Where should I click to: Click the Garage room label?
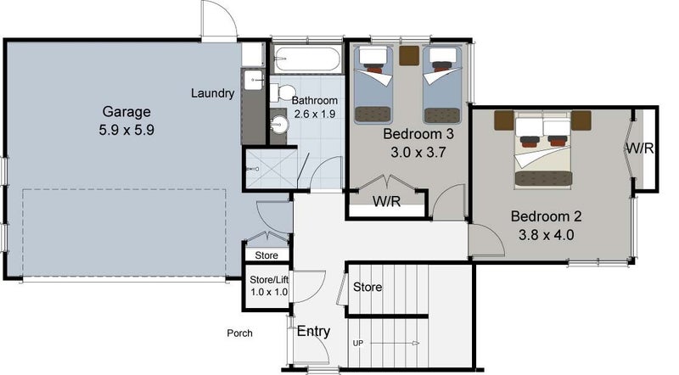click(126, 112)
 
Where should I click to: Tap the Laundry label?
click(213, 93)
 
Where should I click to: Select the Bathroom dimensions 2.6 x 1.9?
click(315, 114)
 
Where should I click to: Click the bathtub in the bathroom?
click(307, 59)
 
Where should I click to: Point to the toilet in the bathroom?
click(282, 92)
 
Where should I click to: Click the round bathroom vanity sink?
click(279, 126)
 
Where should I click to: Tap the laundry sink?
click(253, 80)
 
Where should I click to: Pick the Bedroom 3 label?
click(418, 134)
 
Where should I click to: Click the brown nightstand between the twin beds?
click(409, 55)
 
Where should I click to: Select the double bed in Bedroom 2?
click(543, 149)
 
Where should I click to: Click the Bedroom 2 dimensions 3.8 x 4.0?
click(547, 235)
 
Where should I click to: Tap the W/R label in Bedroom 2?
click(640, 148)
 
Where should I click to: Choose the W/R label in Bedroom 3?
click(387, 201)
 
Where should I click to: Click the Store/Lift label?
click(269, 280)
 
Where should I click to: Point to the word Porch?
click(239, 333)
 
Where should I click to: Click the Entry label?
click(313, 332)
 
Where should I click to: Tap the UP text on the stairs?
click(358, 344)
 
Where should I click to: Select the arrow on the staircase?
click(395, 344)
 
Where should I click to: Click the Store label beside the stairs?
click(368, 287)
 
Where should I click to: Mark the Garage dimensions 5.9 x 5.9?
click(126, 130)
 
